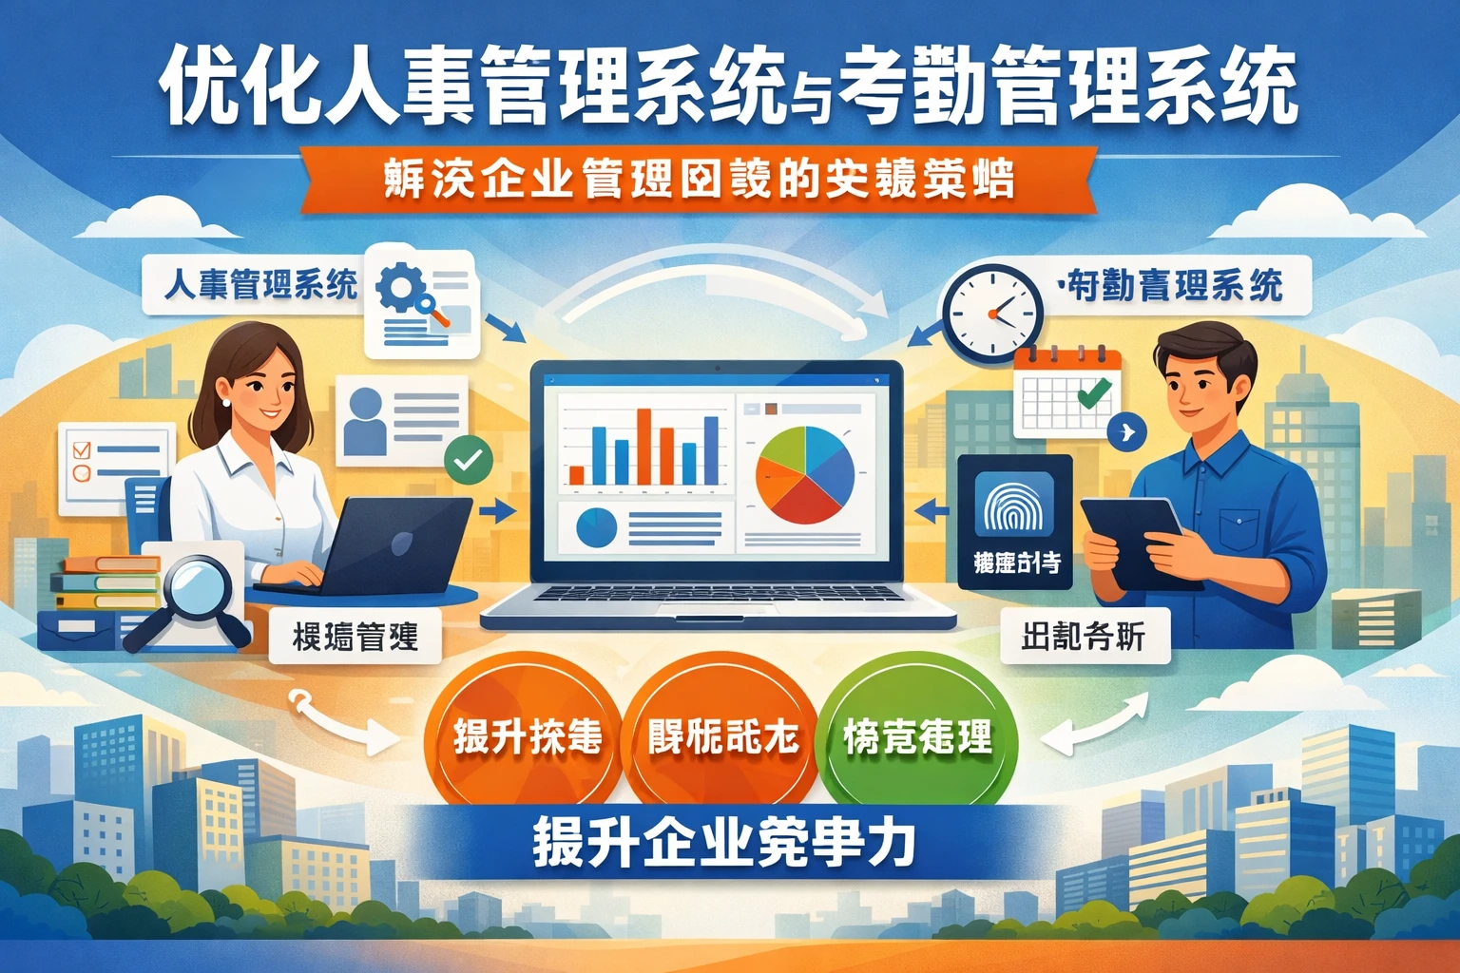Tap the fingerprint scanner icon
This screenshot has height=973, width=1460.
pos(1015,507)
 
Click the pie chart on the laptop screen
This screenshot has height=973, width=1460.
pos(804,475)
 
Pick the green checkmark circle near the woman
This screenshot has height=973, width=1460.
pos(468,461)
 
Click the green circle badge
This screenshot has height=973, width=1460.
pos(916,736)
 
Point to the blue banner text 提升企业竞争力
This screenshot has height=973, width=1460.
pos(724,843)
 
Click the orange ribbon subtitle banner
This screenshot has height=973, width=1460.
pos(700,179)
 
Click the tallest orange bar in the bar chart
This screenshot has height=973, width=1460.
pos(644,446)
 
